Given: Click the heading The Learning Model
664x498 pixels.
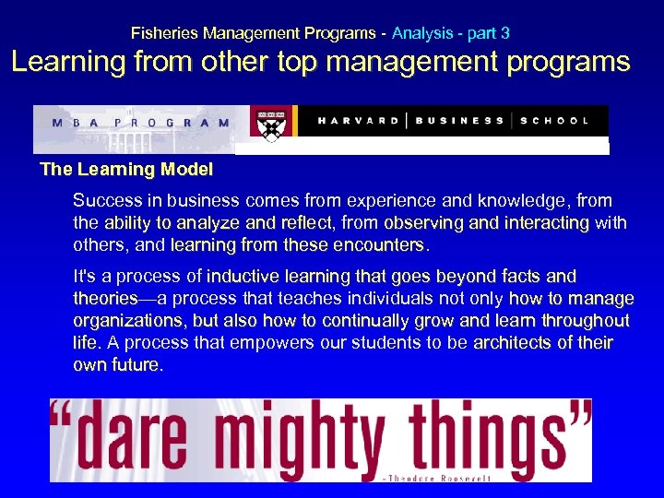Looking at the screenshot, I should [x=126, y=170].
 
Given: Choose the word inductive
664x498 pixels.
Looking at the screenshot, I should [x=246, y=276].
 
